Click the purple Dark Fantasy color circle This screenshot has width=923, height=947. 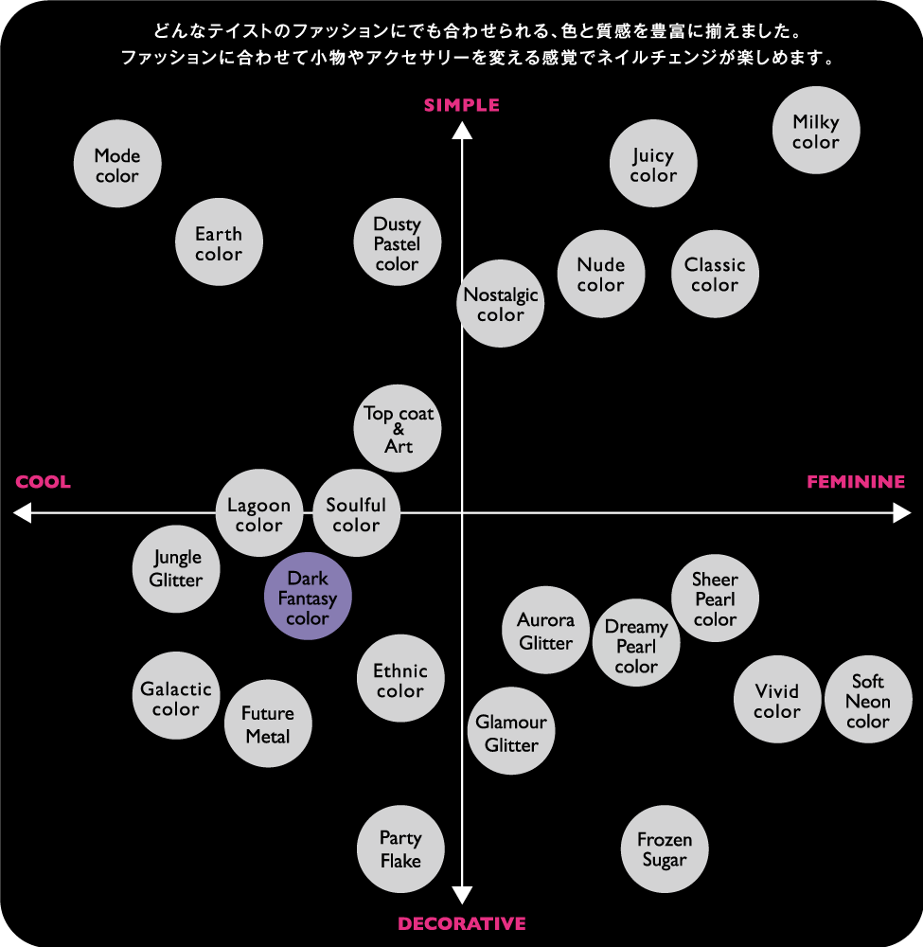pyautogui.click(x=308, y=596)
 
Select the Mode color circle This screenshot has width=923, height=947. pyautogui.click(x=117, y=164)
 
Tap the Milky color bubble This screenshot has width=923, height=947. pyautogui.click(x=816, y=131)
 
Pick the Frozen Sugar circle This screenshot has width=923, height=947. pyautogui.click(x=665, y=849)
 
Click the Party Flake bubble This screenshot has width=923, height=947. pyautogui.click(x=400, y=849)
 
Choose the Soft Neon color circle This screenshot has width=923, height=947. pyautogui.click(x=868, y=700)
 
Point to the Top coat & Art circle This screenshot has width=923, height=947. pyautogui.click(x=398, y=428)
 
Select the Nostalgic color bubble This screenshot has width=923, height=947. pyautogui.click(x=501, y=304)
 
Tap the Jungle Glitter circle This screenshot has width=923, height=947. pyautogui.click(x=176, y=569)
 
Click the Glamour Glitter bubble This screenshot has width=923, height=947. pyautogui.click(x=511, y=731)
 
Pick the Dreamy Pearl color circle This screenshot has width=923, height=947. pyautogui.click(x=636, y=643)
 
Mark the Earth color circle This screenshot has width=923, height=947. pyautogui.click(x=219, y=241)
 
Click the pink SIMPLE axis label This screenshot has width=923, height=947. pyautogui.click(x=462, y=105)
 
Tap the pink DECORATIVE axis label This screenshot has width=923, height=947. pyautogui.click(x=462, y=923)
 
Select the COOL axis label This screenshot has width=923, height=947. pyautogui.click(x=43, y=482)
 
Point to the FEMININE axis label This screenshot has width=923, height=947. pyautogui.click(x=856, y=482)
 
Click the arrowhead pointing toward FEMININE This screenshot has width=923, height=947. pyautogui.click(x=902, y=513)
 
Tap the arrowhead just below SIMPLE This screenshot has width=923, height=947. pyautogui.click(x=462, y=131)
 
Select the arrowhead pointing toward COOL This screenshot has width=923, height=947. pyautogui.click(x=22, y=513)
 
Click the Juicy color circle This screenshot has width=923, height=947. pyautogui.click(x=653, y=164)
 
